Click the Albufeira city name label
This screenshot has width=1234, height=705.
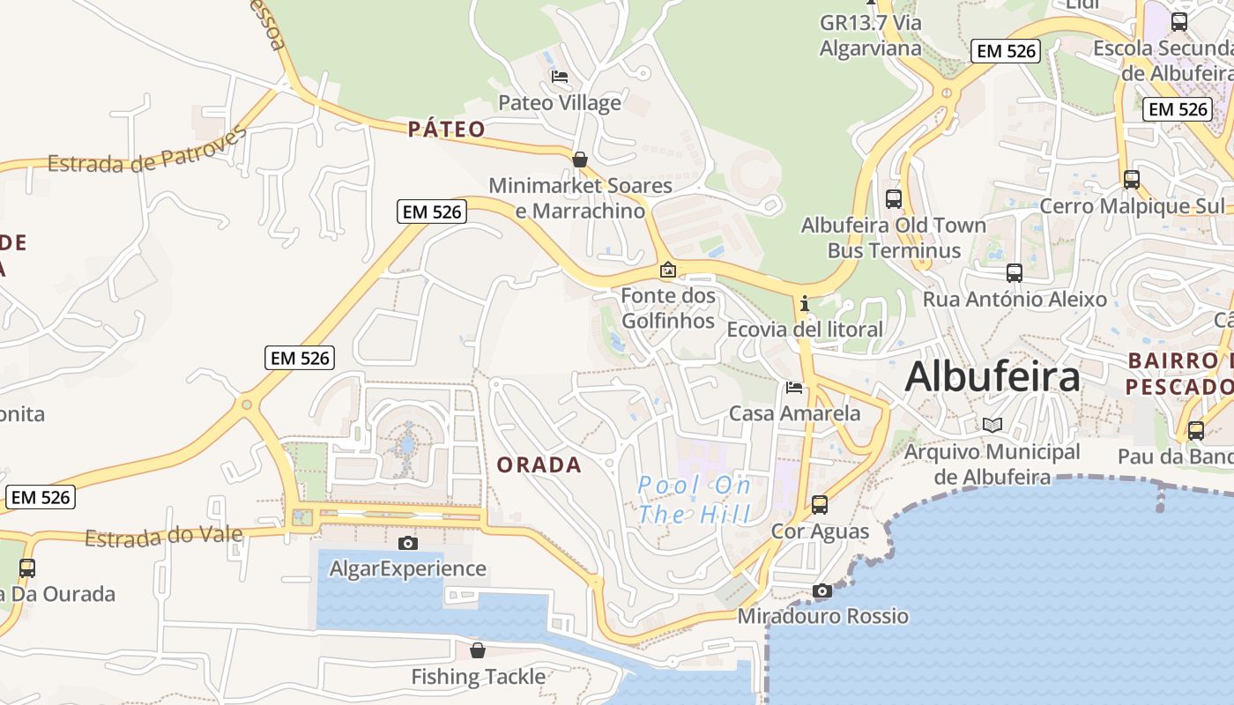tap(992, 376)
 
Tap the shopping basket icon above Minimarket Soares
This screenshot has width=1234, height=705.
tap(580, 160)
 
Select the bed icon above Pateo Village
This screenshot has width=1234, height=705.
tap(560, 77)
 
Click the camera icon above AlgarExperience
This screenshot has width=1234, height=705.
tap(407, 543)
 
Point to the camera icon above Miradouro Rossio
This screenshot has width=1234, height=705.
tap(821, 590)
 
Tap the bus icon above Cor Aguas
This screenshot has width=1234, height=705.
tap(820, 505)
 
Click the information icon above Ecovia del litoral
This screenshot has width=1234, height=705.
tap(804, 304)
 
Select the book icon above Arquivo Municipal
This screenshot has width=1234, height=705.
tap(992, 426)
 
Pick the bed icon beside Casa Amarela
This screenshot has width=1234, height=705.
tap(794, 387)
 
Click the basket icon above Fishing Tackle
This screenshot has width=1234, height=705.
tap(478, 650)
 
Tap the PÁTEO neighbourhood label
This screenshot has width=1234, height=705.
tap(447, 130)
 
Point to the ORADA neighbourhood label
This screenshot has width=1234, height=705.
tap(539, 465)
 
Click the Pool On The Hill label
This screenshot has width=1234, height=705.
tap(695, 500)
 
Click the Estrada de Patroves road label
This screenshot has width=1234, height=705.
tap(146, 152)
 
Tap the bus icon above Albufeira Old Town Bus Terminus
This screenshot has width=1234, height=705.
tap(894, 199)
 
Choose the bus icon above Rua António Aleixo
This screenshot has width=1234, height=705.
tap(1015, 273)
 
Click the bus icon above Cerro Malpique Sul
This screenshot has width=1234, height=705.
tap(1132, 180)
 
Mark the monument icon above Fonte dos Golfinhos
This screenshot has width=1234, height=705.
tap(668, 270)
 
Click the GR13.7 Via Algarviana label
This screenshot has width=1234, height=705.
tap(871, 34)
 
